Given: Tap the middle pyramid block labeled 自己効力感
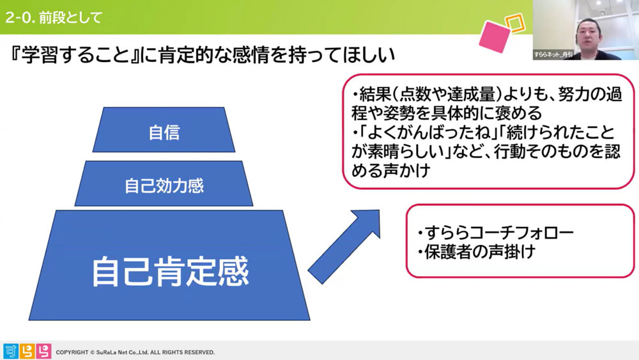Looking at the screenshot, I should point(164,186).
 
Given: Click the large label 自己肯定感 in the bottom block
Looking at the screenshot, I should point(169,271).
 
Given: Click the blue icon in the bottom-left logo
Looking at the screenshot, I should point(11,351).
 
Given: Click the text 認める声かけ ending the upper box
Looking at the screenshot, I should point(396,171).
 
